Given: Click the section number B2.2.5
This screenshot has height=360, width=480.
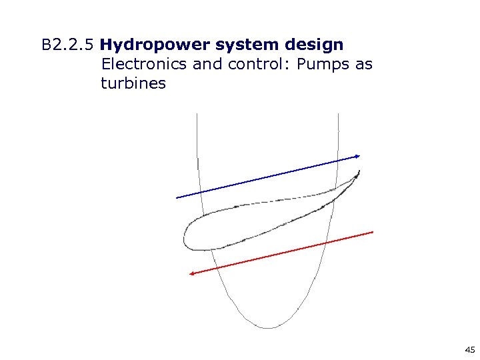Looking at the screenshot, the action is point(68,45).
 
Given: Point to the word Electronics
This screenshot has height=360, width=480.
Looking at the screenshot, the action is point(143,65).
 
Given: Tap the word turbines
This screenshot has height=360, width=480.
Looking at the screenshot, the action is point(133,83).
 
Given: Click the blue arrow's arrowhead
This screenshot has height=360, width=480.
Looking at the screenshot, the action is point(358,156).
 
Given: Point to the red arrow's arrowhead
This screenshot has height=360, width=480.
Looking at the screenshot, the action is point(191,273).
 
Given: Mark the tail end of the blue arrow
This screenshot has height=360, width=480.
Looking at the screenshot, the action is point(177,197).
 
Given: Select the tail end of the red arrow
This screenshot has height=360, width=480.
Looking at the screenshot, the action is point(373,231).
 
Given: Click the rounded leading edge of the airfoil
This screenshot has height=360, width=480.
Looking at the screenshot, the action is point(185,237).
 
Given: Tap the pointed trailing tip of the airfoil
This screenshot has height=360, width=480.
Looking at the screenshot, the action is point(359,171).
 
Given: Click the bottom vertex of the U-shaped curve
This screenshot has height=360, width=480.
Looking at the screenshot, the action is point(268,327).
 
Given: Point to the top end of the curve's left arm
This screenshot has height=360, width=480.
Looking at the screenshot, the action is point(197,115).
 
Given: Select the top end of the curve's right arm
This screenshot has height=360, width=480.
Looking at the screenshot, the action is point(339,115).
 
